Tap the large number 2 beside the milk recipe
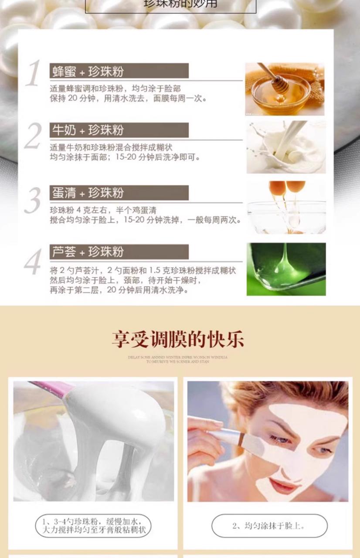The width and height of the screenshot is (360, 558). [33, 136]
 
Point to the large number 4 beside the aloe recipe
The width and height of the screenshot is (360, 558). [33, 262]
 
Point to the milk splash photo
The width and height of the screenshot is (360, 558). [286, 147]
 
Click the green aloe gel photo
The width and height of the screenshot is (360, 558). [286, 269]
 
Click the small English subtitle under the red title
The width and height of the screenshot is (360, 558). [178, 359]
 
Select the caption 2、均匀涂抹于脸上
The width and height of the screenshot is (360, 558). [269, 526]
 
